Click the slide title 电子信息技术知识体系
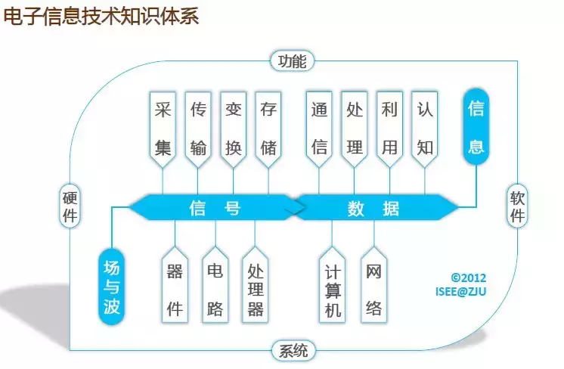102,17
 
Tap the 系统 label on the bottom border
293,351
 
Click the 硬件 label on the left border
70,206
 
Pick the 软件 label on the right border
518,206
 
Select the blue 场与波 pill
111,287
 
